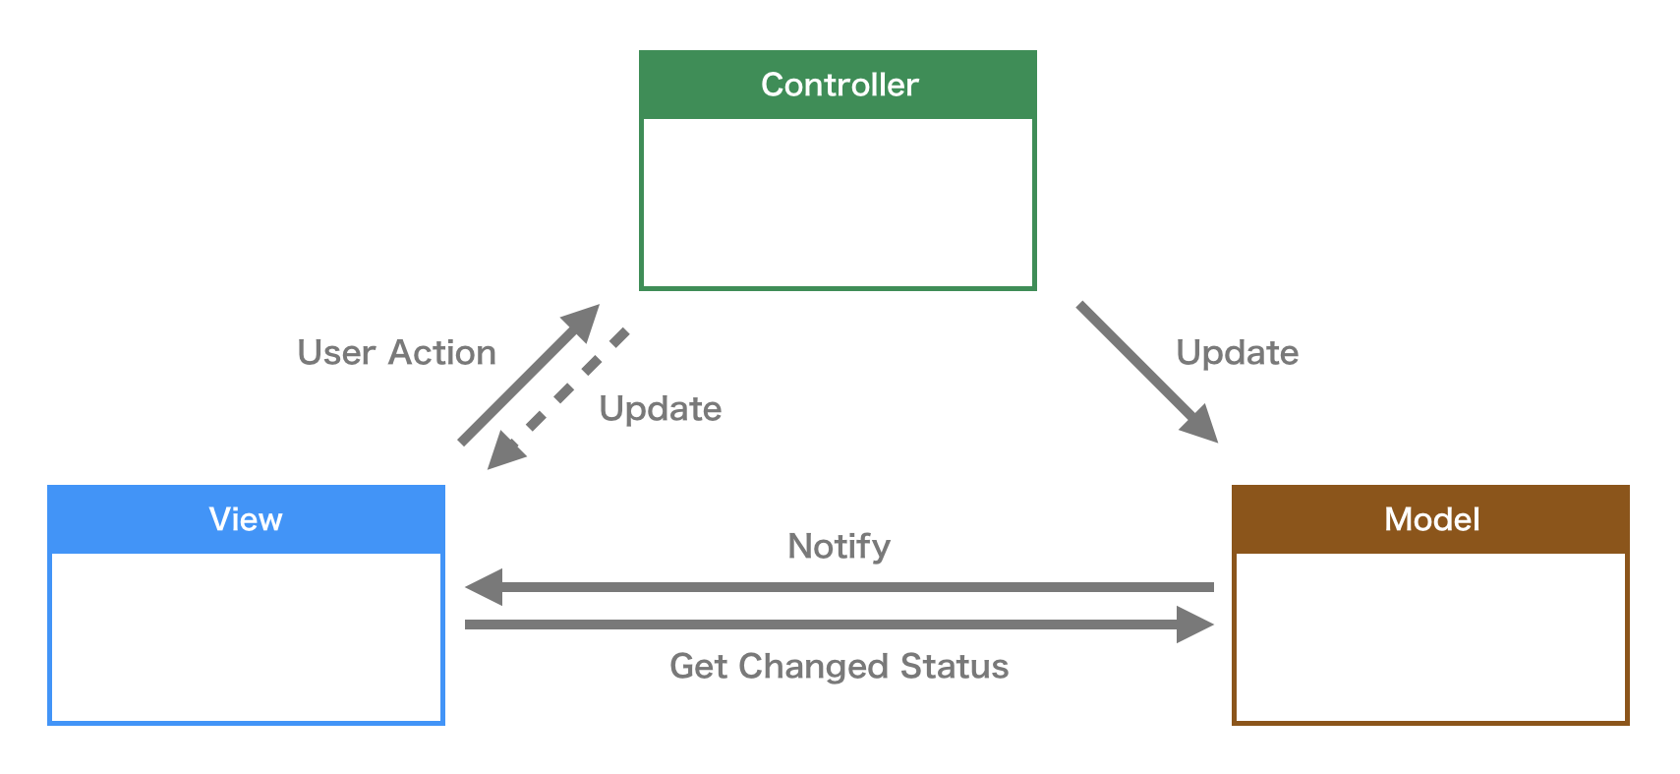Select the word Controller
click(840, 86)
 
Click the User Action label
click(396, 353)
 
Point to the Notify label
click(839, 546)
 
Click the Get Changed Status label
click(839, 667)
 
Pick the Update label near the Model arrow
click(1237, 353)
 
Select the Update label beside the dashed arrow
click(660, 409)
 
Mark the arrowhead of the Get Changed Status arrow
click(1197, 625)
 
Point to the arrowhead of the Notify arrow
click(483, 587)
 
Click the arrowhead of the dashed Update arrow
click(505, 451)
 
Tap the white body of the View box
click(246, 637)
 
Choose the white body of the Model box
click(1430, 637)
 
